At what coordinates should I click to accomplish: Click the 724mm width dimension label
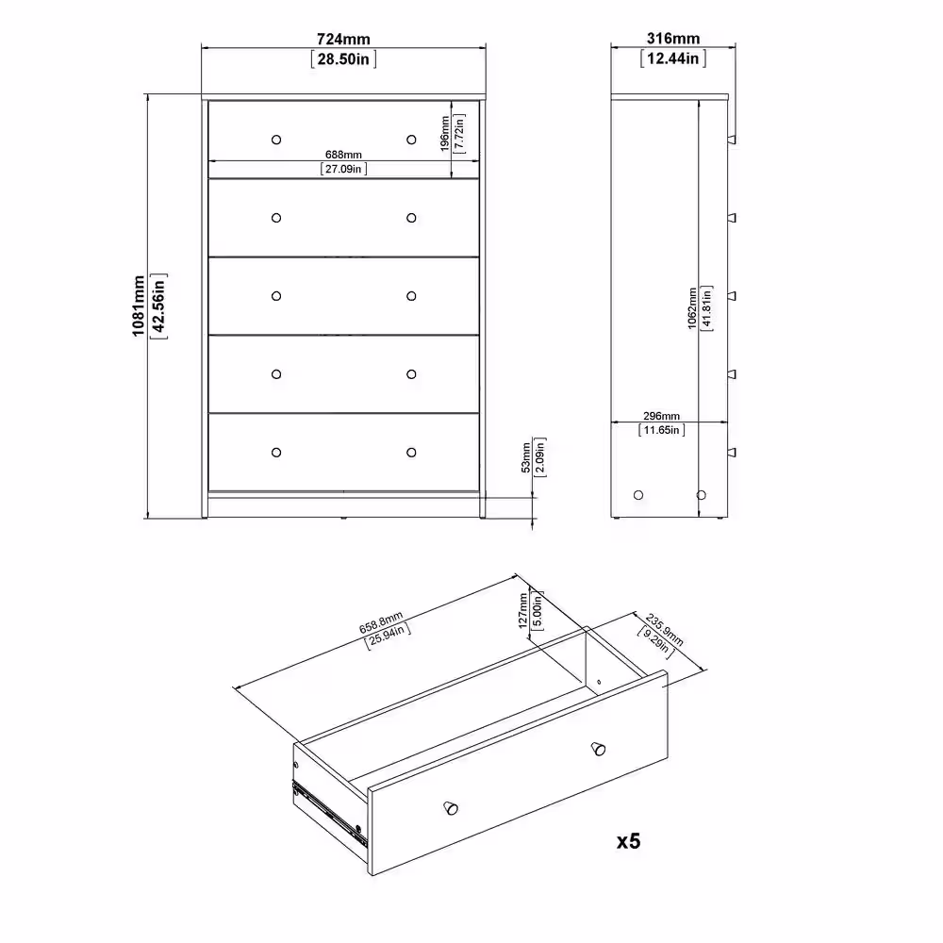click(343, 39)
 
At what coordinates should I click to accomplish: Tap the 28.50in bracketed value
click(343, 58)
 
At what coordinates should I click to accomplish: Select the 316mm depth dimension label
click(673, 39)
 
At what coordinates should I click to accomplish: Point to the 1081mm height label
click(139, 306)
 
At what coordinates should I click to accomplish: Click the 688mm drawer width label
click(343, 155)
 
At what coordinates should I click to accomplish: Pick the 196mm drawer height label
click(444, 134)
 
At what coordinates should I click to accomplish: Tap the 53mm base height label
click(526, 457)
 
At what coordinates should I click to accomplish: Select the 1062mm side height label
click(692, 308)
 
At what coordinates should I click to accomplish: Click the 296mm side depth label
click(662, 416)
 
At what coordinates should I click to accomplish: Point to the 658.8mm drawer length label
click(381, 623)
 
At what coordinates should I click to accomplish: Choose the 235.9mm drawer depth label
click(665, 630)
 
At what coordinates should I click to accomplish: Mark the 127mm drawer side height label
click(523, 610)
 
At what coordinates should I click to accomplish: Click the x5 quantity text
click(628, 841)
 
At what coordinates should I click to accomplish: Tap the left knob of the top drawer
click(276, 140)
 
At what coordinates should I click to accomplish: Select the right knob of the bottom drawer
click(411, 453)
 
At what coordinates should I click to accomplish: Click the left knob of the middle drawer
click(276, 296)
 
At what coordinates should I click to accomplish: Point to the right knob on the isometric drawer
click(598, 749)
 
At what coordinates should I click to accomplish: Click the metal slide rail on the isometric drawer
click(329, 813)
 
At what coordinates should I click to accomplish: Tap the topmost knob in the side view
click(732, 140)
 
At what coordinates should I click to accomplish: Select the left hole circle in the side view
click(638, 495)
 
